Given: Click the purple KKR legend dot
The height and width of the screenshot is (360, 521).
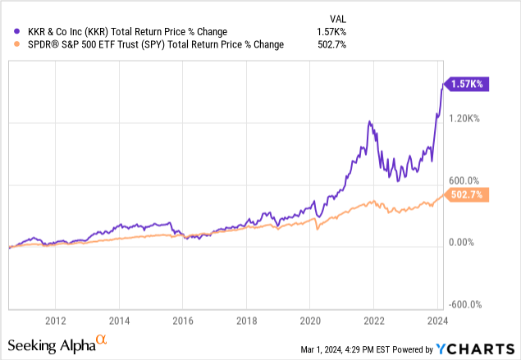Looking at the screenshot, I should pos(12,31).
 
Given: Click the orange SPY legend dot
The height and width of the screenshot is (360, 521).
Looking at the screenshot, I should pos(12,45).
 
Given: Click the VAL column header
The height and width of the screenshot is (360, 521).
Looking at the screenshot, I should pos(335,16).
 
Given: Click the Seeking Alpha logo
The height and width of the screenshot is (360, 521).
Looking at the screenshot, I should pos(57,344).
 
